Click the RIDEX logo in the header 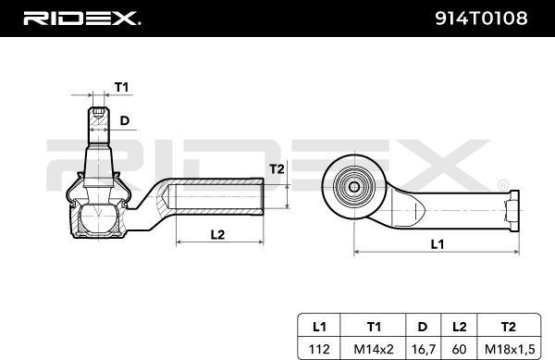point(82,18)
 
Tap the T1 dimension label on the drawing point(120,87)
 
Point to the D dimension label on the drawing point(125,119)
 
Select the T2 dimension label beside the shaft point(277,168)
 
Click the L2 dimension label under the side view point(217,234)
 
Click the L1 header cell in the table point(319,327)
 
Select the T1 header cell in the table point(374,327)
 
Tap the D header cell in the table point(422,327)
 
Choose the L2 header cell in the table point(459,327)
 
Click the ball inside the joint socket point(95,219)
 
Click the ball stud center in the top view point(353,185)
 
